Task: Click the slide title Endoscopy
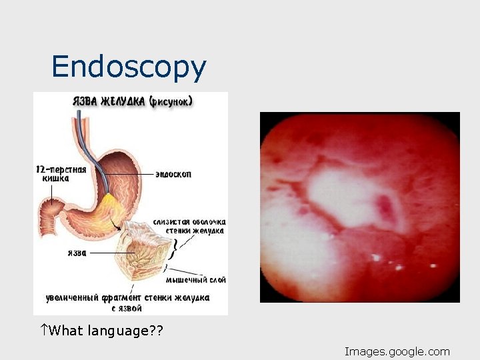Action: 129,67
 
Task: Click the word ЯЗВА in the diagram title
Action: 85,102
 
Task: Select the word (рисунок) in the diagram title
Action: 171,102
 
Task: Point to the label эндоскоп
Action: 173,174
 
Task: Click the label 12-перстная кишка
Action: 61,174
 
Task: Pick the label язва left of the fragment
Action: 77,253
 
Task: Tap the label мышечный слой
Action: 195,279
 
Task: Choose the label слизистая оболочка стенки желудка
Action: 189,226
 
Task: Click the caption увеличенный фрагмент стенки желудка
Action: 128,297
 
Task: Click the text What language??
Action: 107,331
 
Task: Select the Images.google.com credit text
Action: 397,351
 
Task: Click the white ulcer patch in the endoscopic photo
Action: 347,197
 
